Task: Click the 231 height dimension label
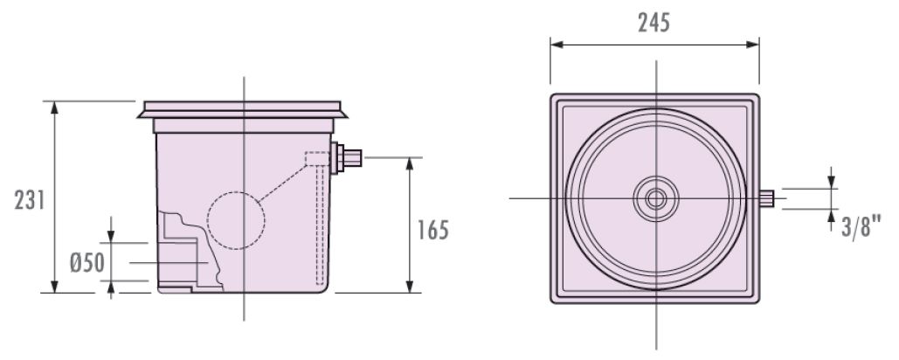click(30, 201)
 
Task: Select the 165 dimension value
click(432, 231)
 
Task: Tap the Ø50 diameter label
click(87, 263)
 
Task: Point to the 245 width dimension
click(654, 23)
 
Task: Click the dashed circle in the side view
click(236, 221)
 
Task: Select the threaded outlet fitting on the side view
click(346, 158)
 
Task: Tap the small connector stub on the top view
click(766, 199)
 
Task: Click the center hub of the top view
click(656, 199)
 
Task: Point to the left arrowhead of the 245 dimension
click(557, 45)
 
